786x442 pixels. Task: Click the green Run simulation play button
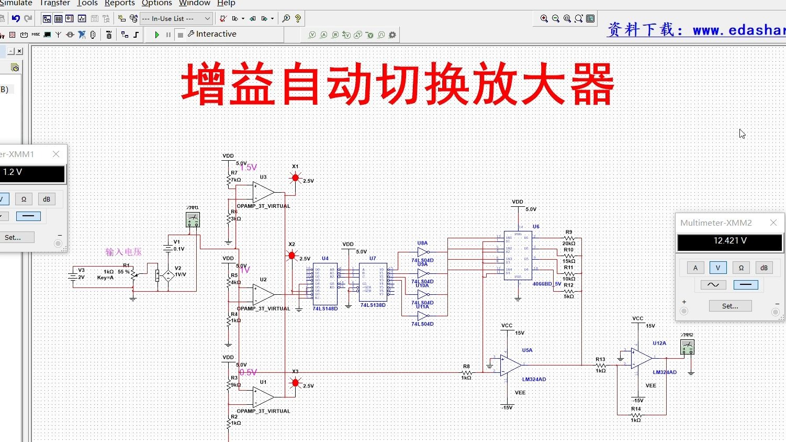pos(156,35)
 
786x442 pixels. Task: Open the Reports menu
pos(119,3)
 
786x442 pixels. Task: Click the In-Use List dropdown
pos(176,19)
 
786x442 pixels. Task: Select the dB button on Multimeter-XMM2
pos(763,268)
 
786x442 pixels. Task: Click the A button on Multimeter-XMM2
pos(695,268)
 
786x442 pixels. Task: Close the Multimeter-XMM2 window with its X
pos(773,223)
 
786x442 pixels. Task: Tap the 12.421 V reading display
pos(729,242)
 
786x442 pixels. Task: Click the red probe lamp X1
pos(295,178)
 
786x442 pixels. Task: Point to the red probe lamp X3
pos(295,383)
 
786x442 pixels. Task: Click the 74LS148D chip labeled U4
pos(325,284)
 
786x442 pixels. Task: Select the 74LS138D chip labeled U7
pos(373,282)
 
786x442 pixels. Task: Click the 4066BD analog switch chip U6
pos(518,256)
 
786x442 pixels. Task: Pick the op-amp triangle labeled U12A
pos(642,359)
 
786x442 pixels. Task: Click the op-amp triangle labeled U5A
pos(510,366)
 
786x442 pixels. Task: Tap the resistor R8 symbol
pos(466,373)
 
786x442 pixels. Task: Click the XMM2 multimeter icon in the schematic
pos(687,347)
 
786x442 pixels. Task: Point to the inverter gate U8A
pos(423,252)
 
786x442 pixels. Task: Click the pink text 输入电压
pos(123,252)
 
